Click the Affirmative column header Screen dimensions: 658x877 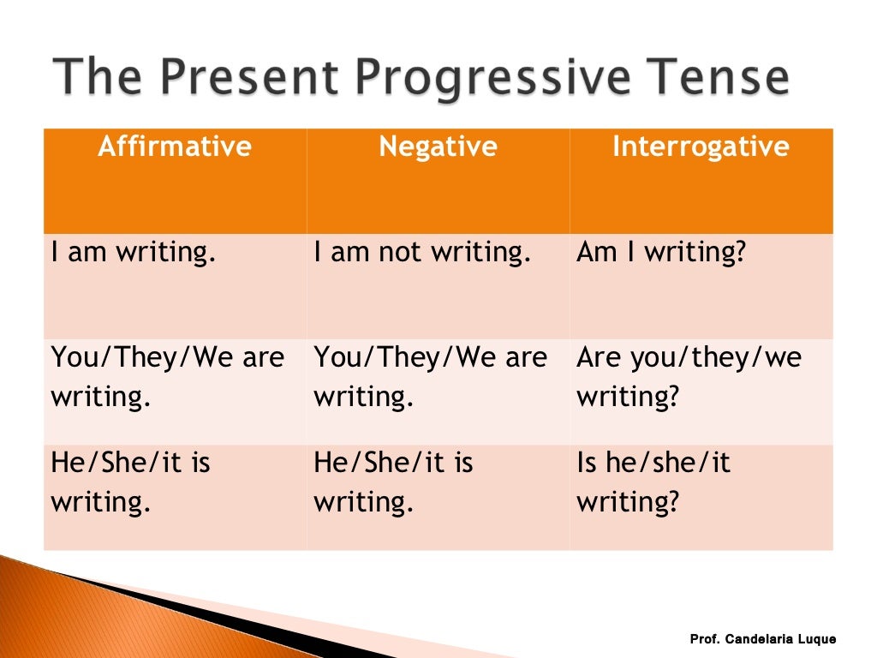[175, 147]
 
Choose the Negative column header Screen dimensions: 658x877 [438, 147]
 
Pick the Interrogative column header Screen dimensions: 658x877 [701, 147]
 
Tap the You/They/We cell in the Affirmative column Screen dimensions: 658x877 [167, 377]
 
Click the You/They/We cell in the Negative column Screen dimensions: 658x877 [430, 377]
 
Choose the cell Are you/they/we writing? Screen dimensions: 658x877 [689, 377]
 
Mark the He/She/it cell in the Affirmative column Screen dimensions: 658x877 [130, 482]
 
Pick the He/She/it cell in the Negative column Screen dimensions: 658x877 [393, 482]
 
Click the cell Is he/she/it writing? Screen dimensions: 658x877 [653, 482]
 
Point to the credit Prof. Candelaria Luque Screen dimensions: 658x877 [762, 639]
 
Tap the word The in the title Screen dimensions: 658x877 [95, 78]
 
